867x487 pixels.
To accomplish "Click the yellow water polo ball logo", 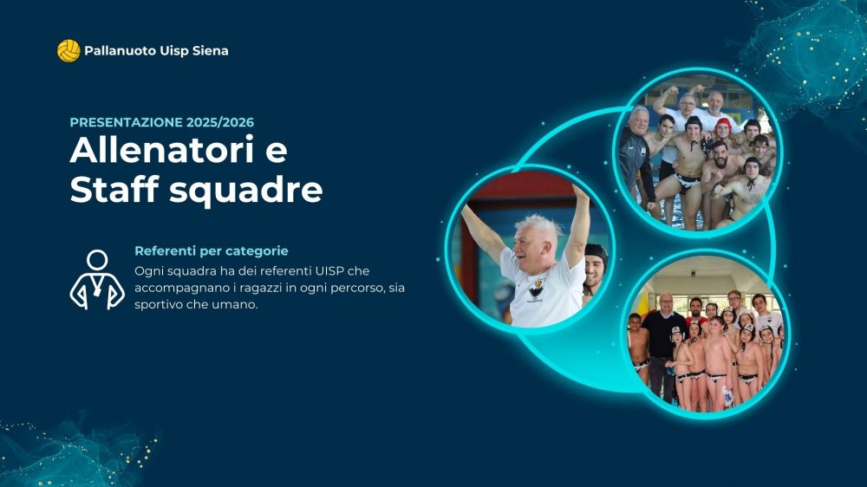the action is (x=68, y=51).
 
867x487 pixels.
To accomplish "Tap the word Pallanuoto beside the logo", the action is (x=120, y=51).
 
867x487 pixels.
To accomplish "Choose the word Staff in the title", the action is (x=114, y=189).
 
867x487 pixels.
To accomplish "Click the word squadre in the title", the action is (x=246, y=191).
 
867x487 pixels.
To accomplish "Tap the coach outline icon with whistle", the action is (x=97, y=280).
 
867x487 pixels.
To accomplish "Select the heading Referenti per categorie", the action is (x=212, y=251).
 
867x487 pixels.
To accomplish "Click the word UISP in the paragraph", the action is (x=330, y=271).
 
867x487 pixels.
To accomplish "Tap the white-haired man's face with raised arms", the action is (x=531, y=243).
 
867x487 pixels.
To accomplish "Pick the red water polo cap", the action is (x=723, y=124).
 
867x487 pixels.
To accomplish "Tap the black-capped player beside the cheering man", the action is (x=595, y=272).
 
